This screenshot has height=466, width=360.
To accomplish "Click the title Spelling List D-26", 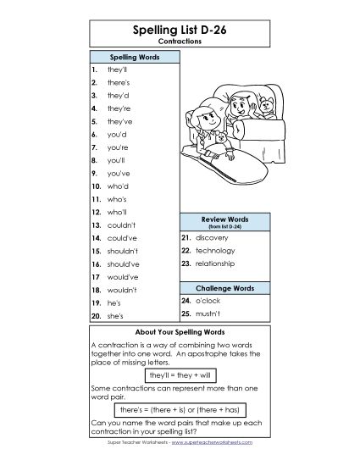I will click(x=180, y=30).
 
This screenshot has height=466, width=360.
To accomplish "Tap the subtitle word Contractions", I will click(x=180, y=41).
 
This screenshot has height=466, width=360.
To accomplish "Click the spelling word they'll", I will click(x=117, y=69).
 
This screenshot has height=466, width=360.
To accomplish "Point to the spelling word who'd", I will click(x=118, y=185).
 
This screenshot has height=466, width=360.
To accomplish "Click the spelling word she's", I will click(x=115, y=315).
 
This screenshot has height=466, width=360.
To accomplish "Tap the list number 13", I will click(x=96, y=225).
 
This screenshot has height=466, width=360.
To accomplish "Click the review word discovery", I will click(x=213, y=238).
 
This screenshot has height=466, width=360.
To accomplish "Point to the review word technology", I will click(x=215, y=251).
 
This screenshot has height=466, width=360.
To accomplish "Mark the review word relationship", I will click(x=217, y=264).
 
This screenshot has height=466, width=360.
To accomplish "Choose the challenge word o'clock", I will click(x=208, y=300).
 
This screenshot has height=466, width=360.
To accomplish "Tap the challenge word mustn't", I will click(x=208, y=313).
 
